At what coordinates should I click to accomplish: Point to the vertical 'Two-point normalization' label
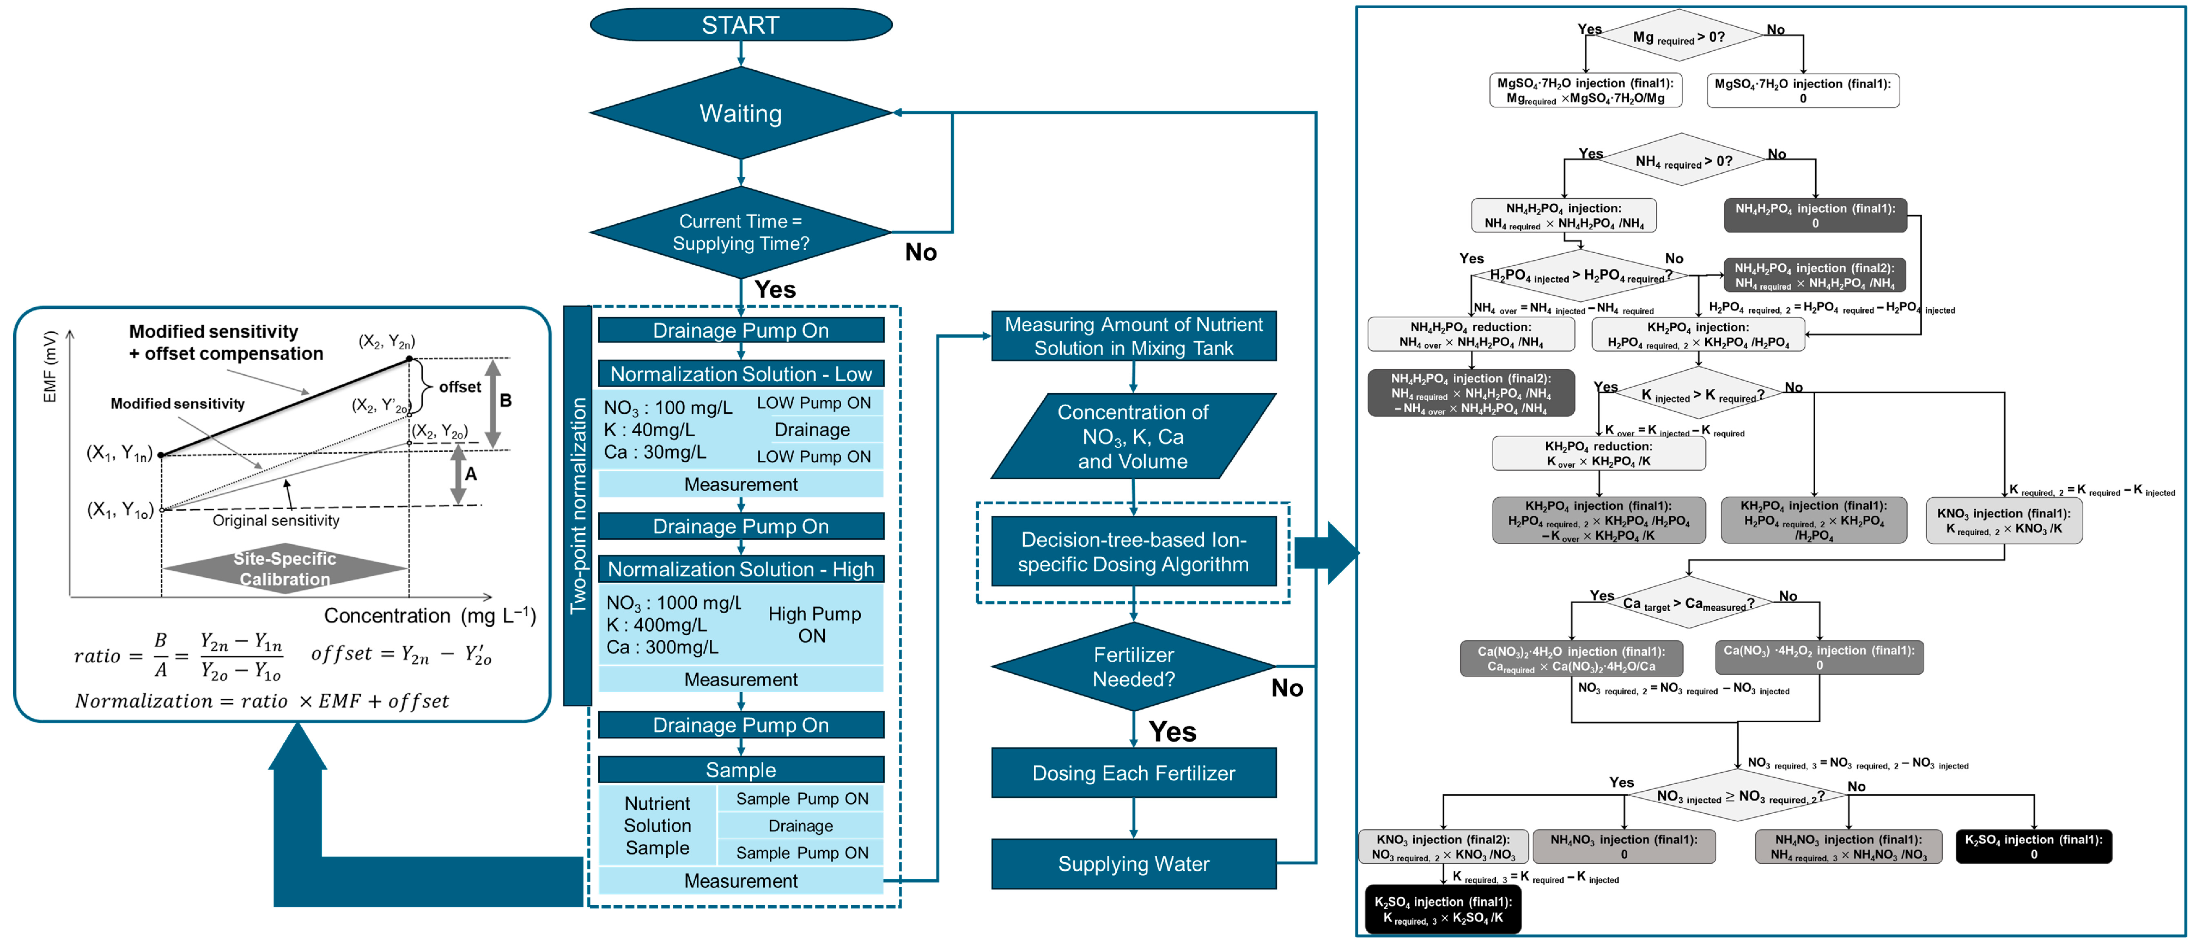[x=578, y=505]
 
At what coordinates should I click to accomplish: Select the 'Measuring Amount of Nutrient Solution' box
[x=1133, y=337]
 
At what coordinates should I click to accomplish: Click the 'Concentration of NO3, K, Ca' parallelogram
[x=1133, y=436]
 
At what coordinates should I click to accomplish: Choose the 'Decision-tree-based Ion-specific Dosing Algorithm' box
[x=1133, y=552]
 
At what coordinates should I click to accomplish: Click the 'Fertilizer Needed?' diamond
[x=1133, y=667]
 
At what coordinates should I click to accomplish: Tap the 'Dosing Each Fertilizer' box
[x=1133, y=773]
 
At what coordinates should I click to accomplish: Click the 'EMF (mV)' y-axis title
[x=50, y=367]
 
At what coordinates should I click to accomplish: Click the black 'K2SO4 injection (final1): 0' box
[x=2033, y=846]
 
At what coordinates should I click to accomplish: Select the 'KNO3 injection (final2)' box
[x=1443, y=846]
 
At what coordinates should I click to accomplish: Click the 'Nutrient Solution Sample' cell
[x=656, y=825]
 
